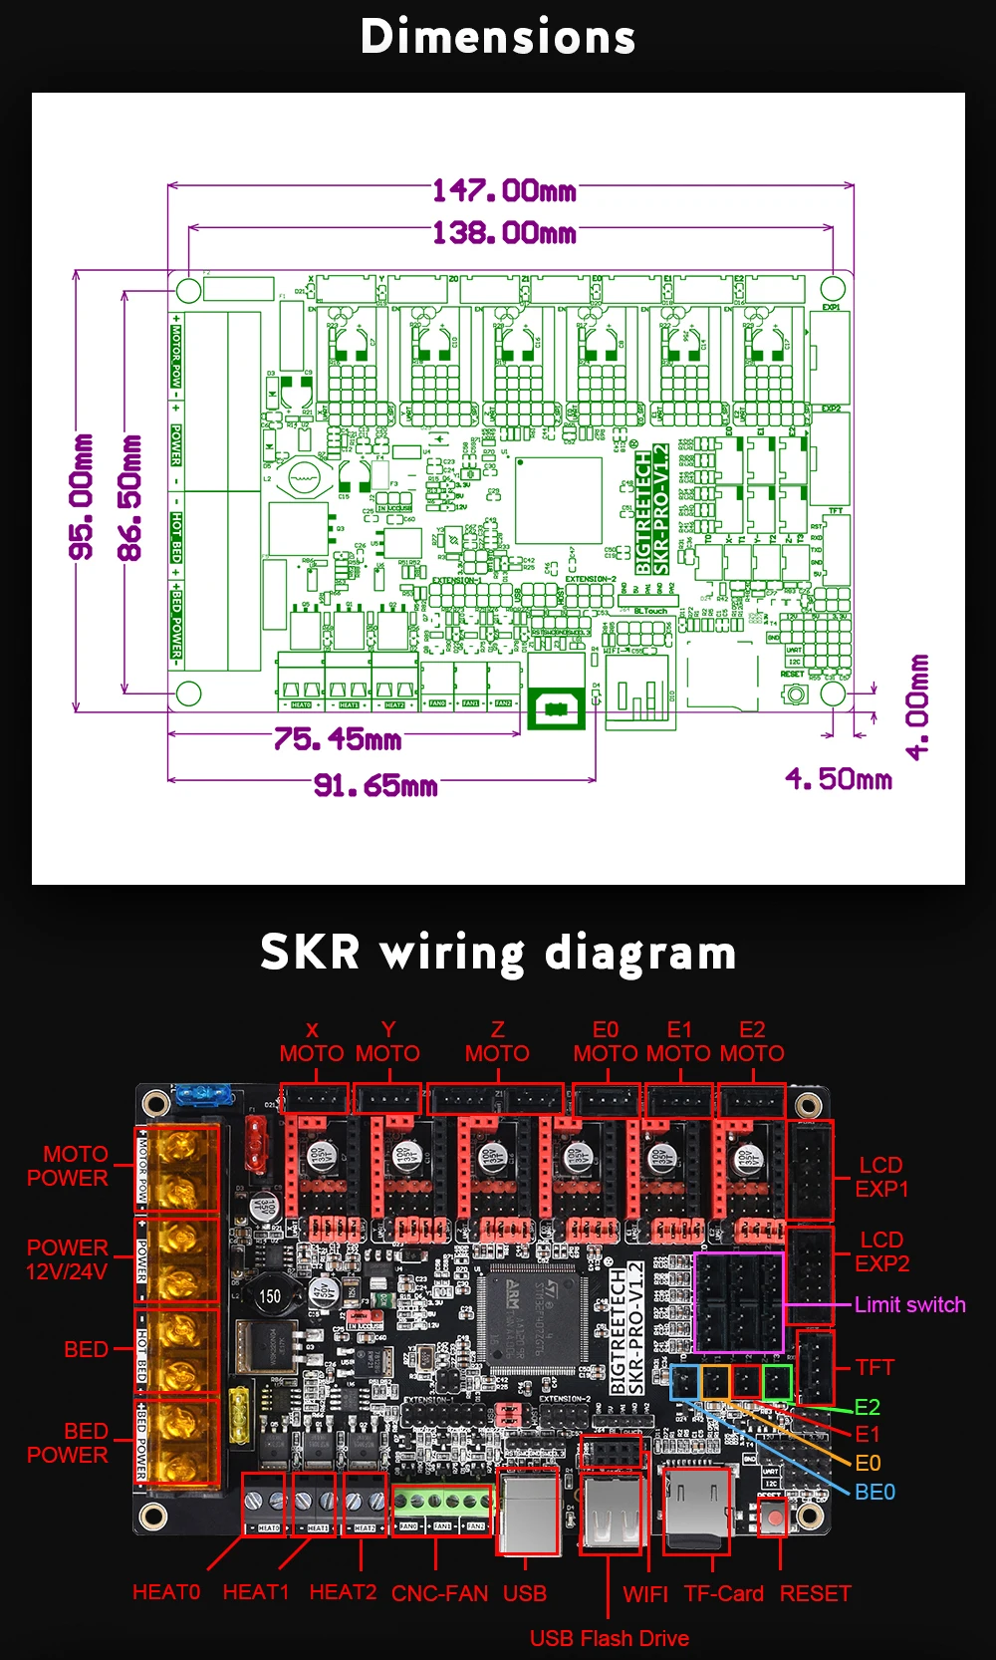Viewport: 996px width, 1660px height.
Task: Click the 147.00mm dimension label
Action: pyautogui.click(x=504, y=189)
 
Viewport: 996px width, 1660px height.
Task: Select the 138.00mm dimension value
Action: pyautogui.click(x=504, y=233)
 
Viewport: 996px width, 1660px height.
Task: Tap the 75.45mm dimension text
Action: pyautogui.click(x=338, y=739)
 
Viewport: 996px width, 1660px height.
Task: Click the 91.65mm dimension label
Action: pyautogui.click(x=375, y=786)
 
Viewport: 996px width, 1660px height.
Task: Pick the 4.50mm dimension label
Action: pyautogui.click(x=839, y=779)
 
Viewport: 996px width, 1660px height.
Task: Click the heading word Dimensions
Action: pyautogui.click(x=498, y=38)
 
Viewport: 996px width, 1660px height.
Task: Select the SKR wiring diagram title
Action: pyautogui.click(x=498, y=953)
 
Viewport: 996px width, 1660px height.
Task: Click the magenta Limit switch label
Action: pyautogui.click(x=909, y=1305)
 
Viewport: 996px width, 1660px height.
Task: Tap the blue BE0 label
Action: pyautogui.click(x=874, y=1492)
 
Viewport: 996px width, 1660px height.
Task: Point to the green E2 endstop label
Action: pyautogui.click(x=867, y=1407)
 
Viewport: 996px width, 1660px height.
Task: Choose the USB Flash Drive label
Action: pyautogui.click(x=609, y=1638)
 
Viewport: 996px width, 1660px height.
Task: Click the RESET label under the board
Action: pyautogui.click(x=815, y=1593)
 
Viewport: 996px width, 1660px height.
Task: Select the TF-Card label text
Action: pyautogui.click(x=723, y=1593)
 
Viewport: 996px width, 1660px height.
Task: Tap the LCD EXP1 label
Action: pyautogui.click(x=881, y=1177)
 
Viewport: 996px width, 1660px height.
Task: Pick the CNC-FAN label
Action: pyautogui.click(x=439, y=1593)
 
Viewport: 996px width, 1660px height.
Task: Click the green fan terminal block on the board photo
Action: pyautogui.click(x=441, y=1503)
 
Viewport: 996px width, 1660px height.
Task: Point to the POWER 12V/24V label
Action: pyautogui.click(x=67, y=1259)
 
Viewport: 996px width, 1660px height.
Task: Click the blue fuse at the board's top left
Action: pyautogui.click(x=204, y=1095)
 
